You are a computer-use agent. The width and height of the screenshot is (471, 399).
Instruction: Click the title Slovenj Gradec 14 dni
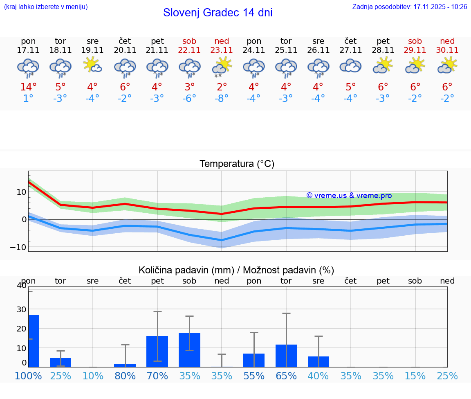218,13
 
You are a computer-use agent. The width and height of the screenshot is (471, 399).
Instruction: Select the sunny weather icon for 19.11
92,65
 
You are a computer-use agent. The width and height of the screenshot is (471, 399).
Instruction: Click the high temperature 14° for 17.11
29,87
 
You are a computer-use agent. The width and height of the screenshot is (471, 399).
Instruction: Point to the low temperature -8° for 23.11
222,99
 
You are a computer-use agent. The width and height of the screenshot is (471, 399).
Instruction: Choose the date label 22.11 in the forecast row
189,50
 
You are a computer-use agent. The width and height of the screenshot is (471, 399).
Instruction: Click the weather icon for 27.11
350,65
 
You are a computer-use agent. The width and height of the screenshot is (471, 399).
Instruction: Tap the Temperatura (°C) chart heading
237,164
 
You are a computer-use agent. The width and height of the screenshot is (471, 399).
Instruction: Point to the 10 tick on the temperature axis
21,192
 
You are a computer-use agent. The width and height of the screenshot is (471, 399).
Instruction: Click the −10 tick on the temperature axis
18,247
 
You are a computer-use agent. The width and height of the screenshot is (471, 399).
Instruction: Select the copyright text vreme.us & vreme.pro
349,196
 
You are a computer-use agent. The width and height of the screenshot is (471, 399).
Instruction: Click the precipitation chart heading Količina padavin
236,270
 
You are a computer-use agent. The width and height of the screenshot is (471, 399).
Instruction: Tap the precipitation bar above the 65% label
286,356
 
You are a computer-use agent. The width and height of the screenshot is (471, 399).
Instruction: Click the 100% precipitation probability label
28,376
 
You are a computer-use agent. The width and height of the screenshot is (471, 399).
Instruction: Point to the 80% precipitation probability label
125,376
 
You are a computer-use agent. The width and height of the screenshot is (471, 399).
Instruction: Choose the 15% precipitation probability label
415,376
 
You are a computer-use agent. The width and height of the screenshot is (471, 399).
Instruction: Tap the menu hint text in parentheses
46,7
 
